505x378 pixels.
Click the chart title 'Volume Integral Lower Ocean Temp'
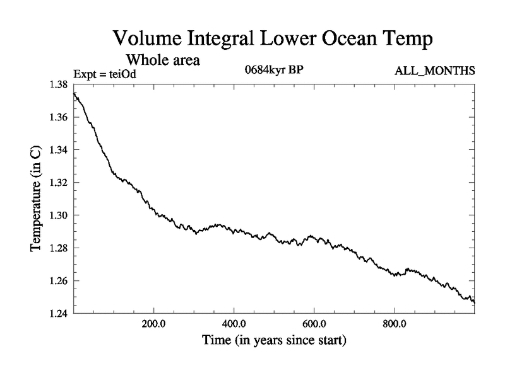273,38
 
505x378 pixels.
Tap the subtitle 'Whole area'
163,60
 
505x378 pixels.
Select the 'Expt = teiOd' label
105,74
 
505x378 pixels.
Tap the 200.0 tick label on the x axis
153,326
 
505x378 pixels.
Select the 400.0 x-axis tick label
234,326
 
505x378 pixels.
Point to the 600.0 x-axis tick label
314,326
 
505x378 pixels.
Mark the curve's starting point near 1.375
74,93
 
